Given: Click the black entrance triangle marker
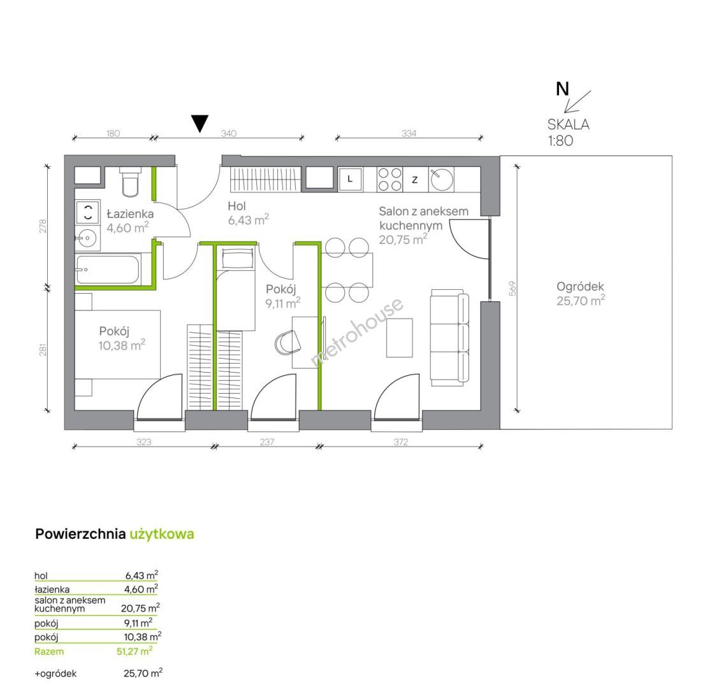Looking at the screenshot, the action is [x=200, y=123].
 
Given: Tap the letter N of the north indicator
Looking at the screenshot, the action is [x=562, y=89].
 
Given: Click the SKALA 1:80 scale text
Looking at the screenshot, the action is [x=568, y=132].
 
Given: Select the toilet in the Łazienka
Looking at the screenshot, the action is [x=130, y=182].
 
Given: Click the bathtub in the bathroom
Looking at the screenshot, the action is [x=108, y=269].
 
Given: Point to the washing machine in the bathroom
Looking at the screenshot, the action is [x=87, y=212].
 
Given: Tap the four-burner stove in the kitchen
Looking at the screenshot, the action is [x=389, y=179].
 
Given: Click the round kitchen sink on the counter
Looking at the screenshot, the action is [x=442, y=179].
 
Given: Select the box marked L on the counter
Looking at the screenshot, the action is [x=351, y=179].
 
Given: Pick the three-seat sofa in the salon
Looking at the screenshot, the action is [x=450, y=338].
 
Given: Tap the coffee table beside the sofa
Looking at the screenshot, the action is [x=400, y=338].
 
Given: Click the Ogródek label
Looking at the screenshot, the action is [x=580, y=287].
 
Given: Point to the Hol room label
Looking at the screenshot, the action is [x=237, y=206].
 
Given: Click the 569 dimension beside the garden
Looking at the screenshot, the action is [x=512, y=289].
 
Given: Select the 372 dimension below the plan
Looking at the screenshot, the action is [x=400, y=442].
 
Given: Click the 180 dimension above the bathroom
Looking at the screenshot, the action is [x=113, y=133].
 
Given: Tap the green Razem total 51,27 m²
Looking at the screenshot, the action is [x=94, y=651].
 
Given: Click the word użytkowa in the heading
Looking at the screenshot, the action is [x=162, y=534].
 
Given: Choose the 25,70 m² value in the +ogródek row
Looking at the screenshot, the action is [x=143, y=673].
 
